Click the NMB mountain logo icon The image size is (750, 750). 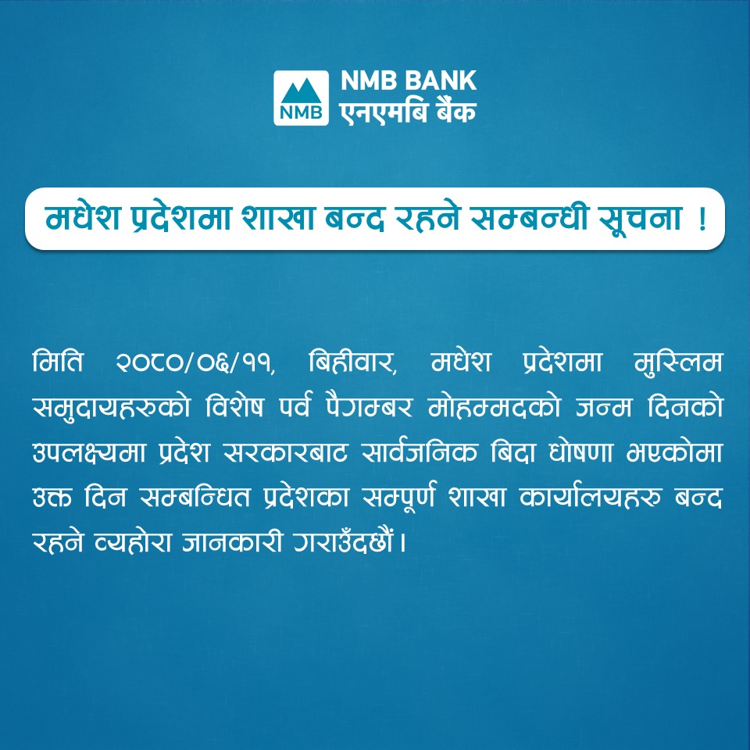301,98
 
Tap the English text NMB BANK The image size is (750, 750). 409,80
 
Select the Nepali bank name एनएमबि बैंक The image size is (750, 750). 408,112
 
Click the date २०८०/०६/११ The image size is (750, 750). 195,362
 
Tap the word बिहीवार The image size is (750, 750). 352,362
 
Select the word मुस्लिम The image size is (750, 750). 677,362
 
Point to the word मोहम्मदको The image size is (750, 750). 494,407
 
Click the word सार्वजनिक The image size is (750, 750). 420,452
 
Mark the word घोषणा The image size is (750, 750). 580,452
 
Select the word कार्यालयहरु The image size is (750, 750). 591,498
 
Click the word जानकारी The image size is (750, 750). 232,542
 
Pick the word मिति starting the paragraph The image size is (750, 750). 57,362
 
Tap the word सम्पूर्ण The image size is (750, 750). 399,498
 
